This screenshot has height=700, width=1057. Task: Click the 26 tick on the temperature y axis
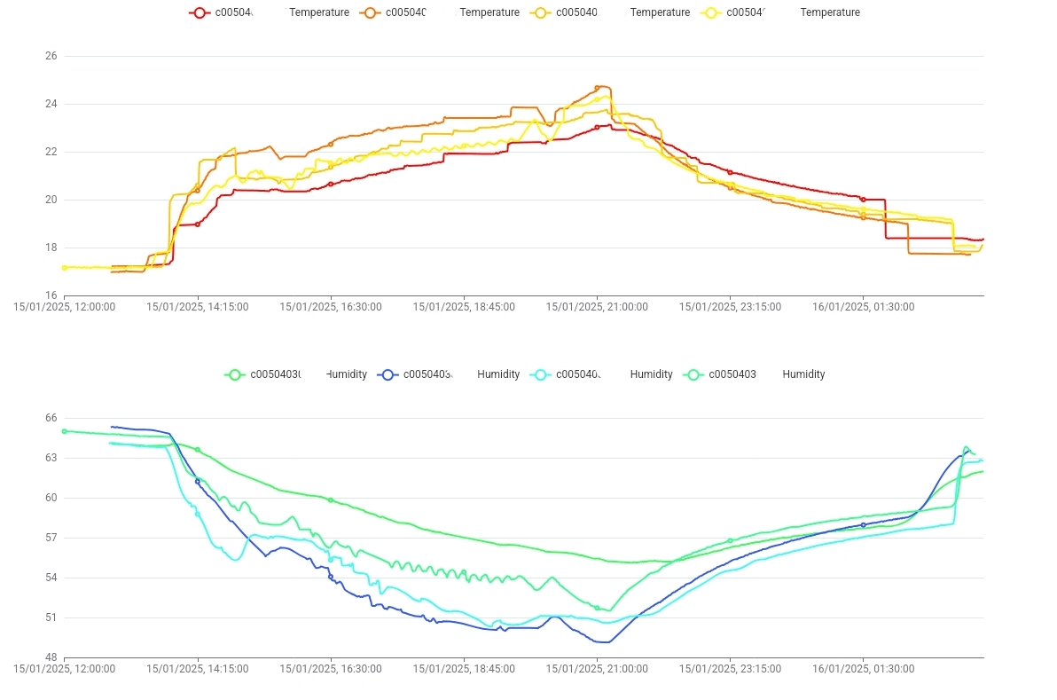pos(51,56)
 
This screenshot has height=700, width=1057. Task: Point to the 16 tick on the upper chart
pos(51,295)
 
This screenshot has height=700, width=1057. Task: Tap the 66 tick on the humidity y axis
pos(51,418)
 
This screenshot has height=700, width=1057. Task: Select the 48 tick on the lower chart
pos(51,657)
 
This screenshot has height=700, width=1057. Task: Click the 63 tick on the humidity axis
pos(51,458)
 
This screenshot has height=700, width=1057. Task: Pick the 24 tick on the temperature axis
pos(51,104)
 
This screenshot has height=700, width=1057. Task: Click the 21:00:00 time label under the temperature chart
pos(597,307)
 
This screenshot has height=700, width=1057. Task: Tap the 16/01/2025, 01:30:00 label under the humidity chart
pos(863,669)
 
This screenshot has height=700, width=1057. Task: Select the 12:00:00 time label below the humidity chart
pos(64,669)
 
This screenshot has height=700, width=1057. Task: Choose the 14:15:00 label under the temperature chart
pos(198,307)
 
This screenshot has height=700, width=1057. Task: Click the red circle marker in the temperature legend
pos(200,12)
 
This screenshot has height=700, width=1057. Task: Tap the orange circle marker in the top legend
pos(370,12)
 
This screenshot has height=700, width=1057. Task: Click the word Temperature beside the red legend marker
pos(319,12)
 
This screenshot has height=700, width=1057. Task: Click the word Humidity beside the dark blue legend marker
pos(498,374)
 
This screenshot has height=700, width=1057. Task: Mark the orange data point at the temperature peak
pos(597,88)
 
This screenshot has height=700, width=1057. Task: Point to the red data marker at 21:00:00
pos(597,127)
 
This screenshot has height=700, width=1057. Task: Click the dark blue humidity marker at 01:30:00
pos(863,525)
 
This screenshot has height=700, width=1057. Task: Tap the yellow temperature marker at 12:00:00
pos(64,267)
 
